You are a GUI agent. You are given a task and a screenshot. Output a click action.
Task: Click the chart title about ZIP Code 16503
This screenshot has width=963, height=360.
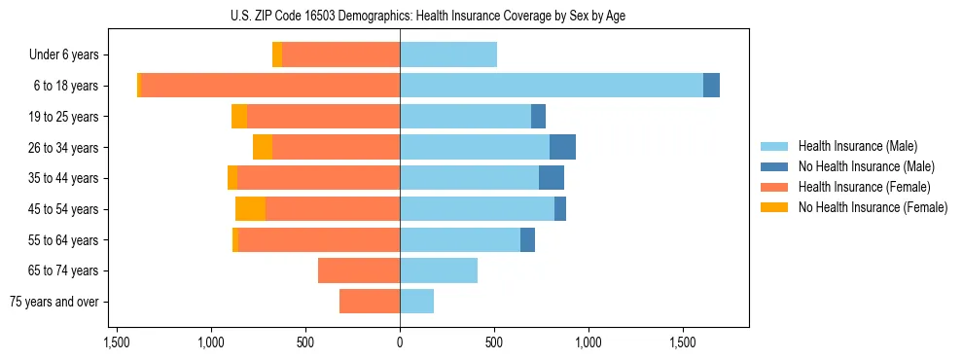(x=400, y=16)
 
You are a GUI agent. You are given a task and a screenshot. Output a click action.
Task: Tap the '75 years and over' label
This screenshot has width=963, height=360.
(x=54, y=302)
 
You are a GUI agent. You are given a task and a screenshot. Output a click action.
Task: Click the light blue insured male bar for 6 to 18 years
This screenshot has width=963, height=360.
(x=551, y=86)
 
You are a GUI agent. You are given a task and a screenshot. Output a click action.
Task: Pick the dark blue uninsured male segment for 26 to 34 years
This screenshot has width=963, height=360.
(x=562, y=147)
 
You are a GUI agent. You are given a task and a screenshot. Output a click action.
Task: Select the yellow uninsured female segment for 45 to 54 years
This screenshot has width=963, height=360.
(x=250, y=208)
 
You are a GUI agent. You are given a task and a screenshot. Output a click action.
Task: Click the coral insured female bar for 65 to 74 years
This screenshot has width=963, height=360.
(x=359, y=270)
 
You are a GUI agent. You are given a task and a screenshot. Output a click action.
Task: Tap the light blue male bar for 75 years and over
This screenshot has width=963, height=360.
(x=416, y=302)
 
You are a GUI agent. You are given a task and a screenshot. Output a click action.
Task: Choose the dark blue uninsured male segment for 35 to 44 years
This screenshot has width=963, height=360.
(x=552, y=178)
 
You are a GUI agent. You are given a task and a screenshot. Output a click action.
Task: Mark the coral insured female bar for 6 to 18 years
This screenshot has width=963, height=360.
(x=270, y=86)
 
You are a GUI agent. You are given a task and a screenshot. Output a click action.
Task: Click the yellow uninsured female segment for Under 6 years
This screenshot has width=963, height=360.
(x=277, y=54)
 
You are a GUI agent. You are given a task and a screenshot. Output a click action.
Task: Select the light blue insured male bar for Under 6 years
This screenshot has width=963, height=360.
(x=448, y=54)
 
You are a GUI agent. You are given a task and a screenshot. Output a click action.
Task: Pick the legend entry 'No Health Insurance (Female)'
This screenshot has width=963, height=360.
(x=873, y=207)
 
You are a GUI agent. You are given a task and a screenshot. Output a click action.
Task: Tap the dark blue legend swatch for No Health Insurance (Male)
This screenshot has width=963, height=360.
(x=775, y=166)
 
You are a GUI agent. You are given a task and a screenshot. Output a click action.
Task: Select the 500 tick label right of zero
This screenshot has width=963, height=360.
(x=494, y=343)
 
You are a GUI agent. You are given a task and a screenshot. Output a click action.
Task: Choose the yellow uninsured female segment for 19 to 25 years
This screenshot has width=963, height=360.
(x=239, y=117)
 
